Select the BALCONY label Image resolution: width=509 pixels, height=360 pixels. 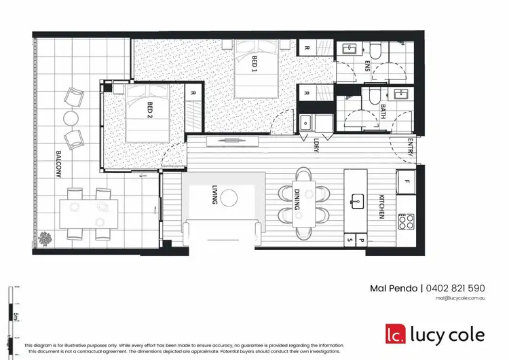[x=59, y=165]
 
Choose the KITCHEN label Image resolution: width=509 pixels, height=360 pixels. [x=382, y=206]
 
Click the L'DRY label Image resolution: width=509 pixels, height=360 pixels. [x=316, y=147]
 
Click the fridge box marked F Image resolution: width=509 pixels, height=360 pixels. [x=407, y=181]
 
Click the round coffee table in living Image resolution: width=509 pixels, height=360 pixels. [x=229, y=198]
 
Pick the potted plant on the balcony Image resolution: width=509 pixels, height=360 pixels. [x=47, y=238]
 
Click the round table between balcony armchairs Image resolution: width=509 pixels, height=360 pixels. [x=72, y=118]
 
